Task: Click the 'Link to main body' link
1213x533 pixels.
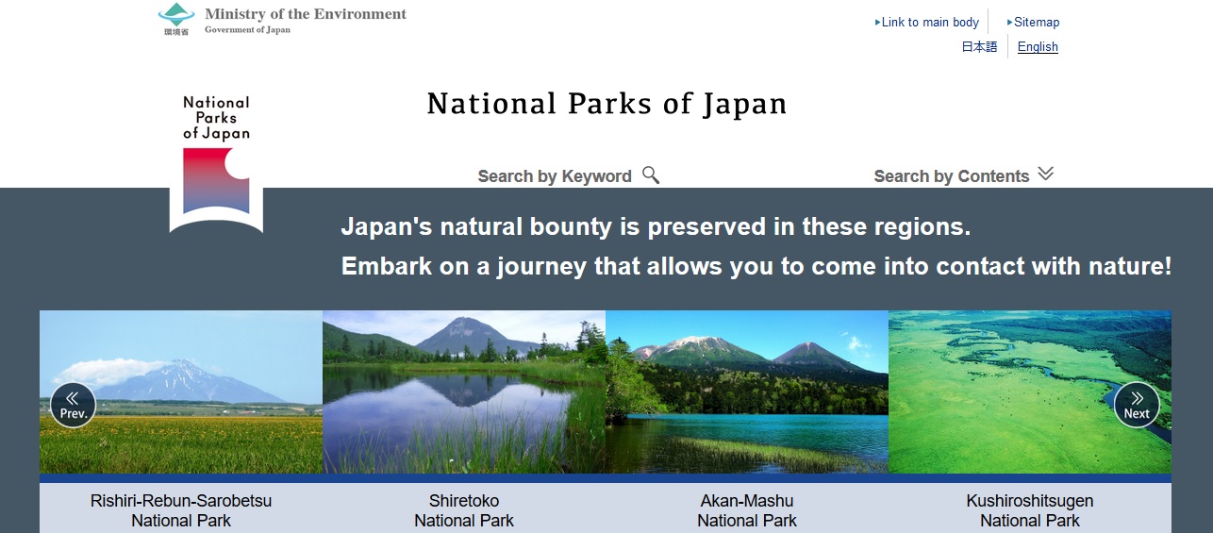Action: tap(929, 22)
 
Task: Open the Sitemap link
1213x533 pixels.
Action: tap(1036, 22)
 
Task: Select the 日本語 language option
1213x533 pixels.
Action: tap(979, 47)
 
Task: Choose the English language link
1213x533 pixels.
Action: tap(1038, 47)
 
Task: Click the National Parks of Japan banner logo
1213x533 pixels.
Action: tap(216, 162)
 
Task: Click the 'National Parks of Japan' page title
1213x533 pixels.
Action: tap(606, 104)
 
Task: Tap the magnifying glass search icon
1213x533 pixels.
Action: tap(651, 175)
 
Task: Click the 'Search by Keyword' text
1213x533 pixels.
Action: tap(554, 176)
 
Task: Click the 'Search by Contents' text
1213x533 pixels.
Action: tap(951, 176)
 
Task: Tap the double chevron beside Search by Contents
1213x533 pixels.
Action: tap(1045, 174)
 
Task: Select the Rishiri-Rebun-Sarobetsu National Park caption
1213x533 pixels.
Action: tap(181, 510)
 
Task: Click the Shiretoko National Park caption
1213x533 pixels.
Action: tap(464, 510)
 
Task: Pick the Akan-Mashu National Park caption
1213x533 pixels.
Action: tap(747, 510)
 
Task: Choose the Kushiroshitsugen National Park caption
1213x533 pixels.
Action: tap(1030, 510)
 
